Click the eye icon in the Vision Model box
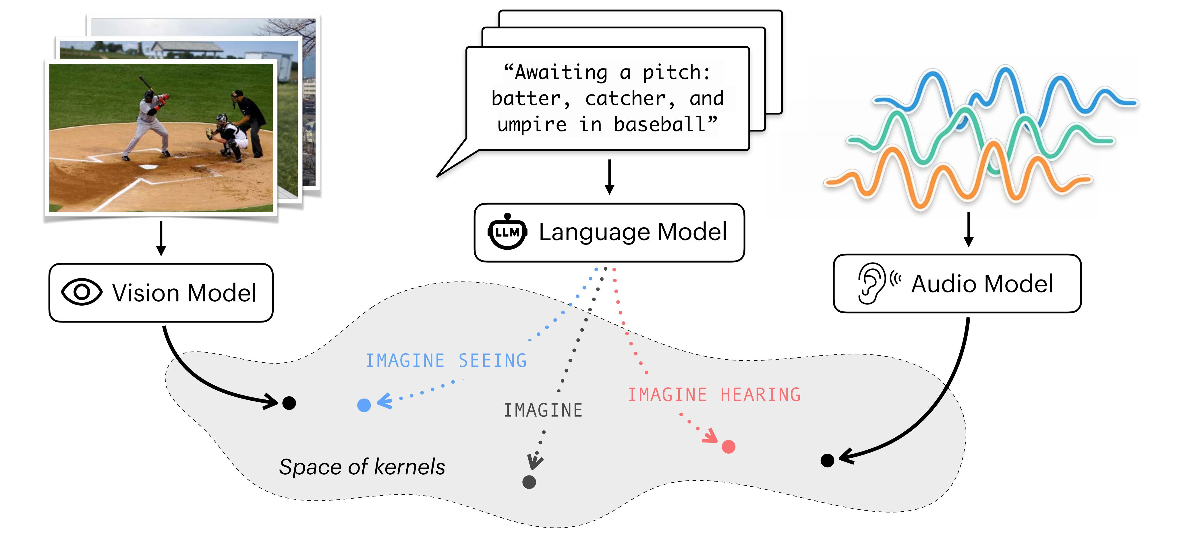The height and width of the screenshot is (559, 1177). [82, 292]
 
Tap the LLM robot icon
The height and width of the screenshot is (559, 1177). [507, 232]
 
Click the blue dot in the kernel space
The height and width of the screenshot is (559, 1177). [364, 405]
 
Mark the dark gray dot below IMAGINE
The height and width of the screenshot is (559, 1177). [529, 482]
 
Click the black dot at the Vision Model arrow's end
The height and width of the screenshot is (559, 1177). [289, 403]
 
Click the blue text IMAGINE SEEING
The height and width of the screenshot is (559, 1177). [446, 361]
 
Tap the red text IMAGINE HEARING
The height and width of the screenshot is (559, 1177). [714, 395]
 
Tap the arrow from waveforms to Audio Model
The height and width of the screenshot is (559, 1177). [968, 229]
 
